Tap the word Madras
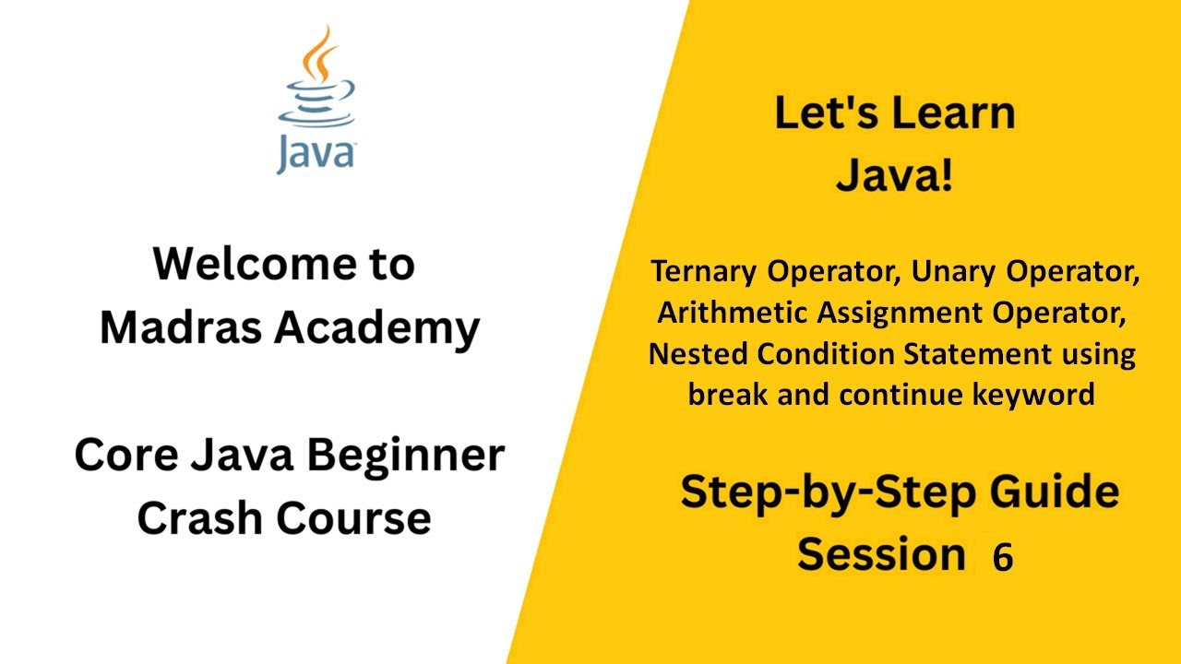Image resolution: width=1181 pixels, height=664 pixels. click(181, 327)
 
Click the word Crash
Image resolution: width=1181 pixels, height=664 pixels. click(200, 517)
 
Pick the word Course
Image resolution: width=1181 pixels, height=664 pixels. click(353, 517)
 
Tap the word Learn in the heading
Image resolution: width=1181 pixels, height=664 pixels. click(954, 113)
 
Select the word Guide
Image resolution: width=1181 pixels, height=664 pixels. click(1054, 492)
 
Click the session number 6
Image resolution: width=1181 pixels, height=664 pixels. click(1003, 556)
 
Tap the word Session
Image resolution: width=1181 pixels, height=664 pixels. click(881, 554)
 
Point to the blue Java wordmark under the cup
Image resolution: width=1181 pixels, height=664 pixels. click(316, 153)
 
